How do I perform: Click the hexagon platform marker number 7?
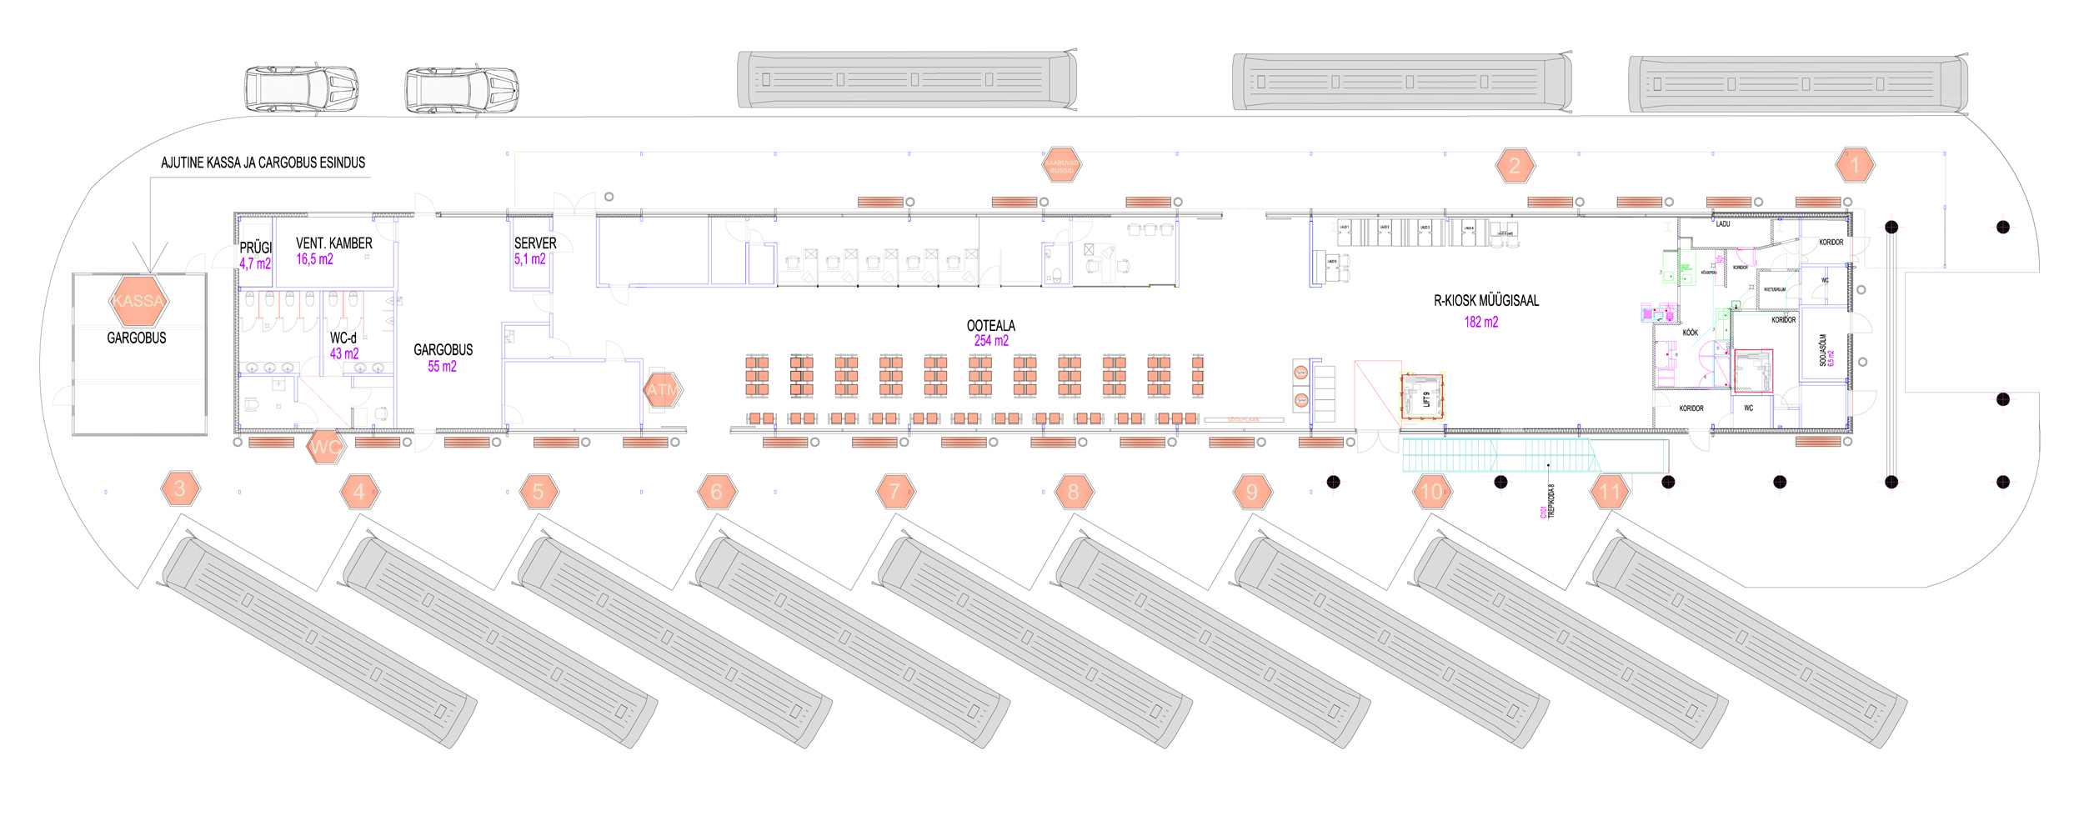tap(895, 492)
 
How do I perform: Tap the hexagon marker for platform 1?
tap(1855, 165)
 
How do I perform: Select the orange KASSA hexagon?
tap(138, 301)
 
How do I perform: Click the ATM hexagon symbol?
tap(663, 389)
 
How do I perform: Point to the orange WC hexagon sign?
tap(325, 447)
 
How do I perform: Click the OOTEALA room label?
tap(990, 326)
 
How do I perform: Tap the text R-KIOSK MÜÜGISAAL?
tap(1485, 301)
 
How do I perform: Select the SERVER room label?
tap(535, 243)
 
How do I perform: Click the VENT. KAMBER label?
tap(334, 243)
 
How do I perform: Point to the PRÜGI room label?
tap(256, 248)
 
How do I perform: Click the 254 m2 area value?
tap(991, 341)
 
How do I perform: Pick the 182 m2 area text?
tap(1480, 323)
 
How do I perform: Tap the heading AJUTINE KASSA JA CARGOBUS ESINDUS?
tap(263, 163)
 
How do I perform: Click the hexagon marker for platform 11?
tap(1610, 492)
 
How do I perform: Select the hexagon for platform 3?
tap(180, 488)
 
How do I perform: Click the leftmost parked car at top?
tap(301, 89)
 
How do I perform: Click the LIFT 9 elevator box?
tap(1422, 398)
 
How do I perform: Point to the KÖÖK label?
tap(1690, 333)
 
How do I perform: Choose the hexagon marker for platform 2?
tap(1515, 166)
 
